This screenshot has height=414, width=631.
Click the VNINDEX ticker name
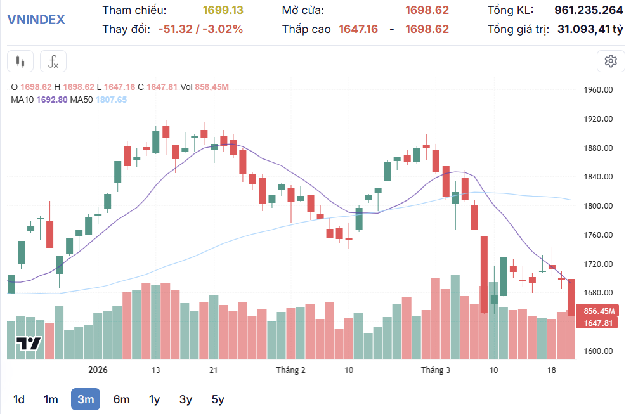point(36,19)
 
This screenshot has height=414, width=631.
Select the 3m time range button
point(86,399)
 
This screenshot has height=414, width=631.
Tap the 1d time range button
point(19,399)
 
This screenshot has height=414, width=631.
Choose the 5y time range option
point(218,399)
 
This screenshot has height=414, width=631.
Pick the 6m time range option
point(121,399)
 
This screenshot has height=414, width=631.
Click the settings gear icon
point(611,61)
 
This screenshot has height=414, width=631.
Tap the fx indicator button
point(53,61)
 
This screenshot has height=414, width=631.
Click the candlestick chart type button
point(20,61)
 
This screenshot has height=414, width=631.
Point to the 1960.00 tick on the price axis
point(598,90)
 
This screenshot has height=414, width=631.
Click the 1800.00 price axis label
point(598,206)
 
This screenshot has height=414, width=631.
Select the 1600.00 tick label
point(598,351)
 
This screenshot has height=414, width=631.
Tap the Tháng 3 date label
point(436,370)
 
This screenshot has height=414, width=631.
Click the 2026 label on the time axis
point(98,370)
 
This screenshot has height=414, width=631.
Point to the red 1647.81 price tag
point(598,323)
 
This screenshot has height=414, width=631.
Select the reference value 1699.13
point(223,10)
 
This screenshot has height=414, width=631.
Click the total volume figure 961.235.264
point(589,10)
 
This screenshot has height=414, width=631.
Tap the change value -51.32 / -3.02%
point(200,29)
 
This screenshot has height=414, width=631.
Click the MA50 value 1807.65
point(111,100)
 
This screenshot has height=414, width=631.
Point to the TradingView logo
point(29,344)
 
